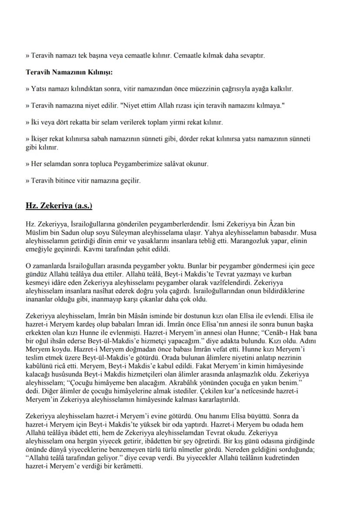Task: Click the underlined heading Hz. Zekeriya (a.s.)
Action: (59, 205)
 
